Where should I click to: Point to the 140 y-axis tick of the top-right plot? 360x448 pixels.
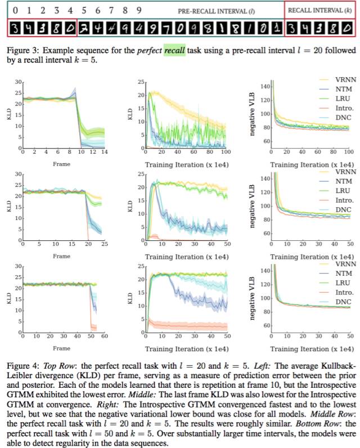(x=262, y=84)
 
